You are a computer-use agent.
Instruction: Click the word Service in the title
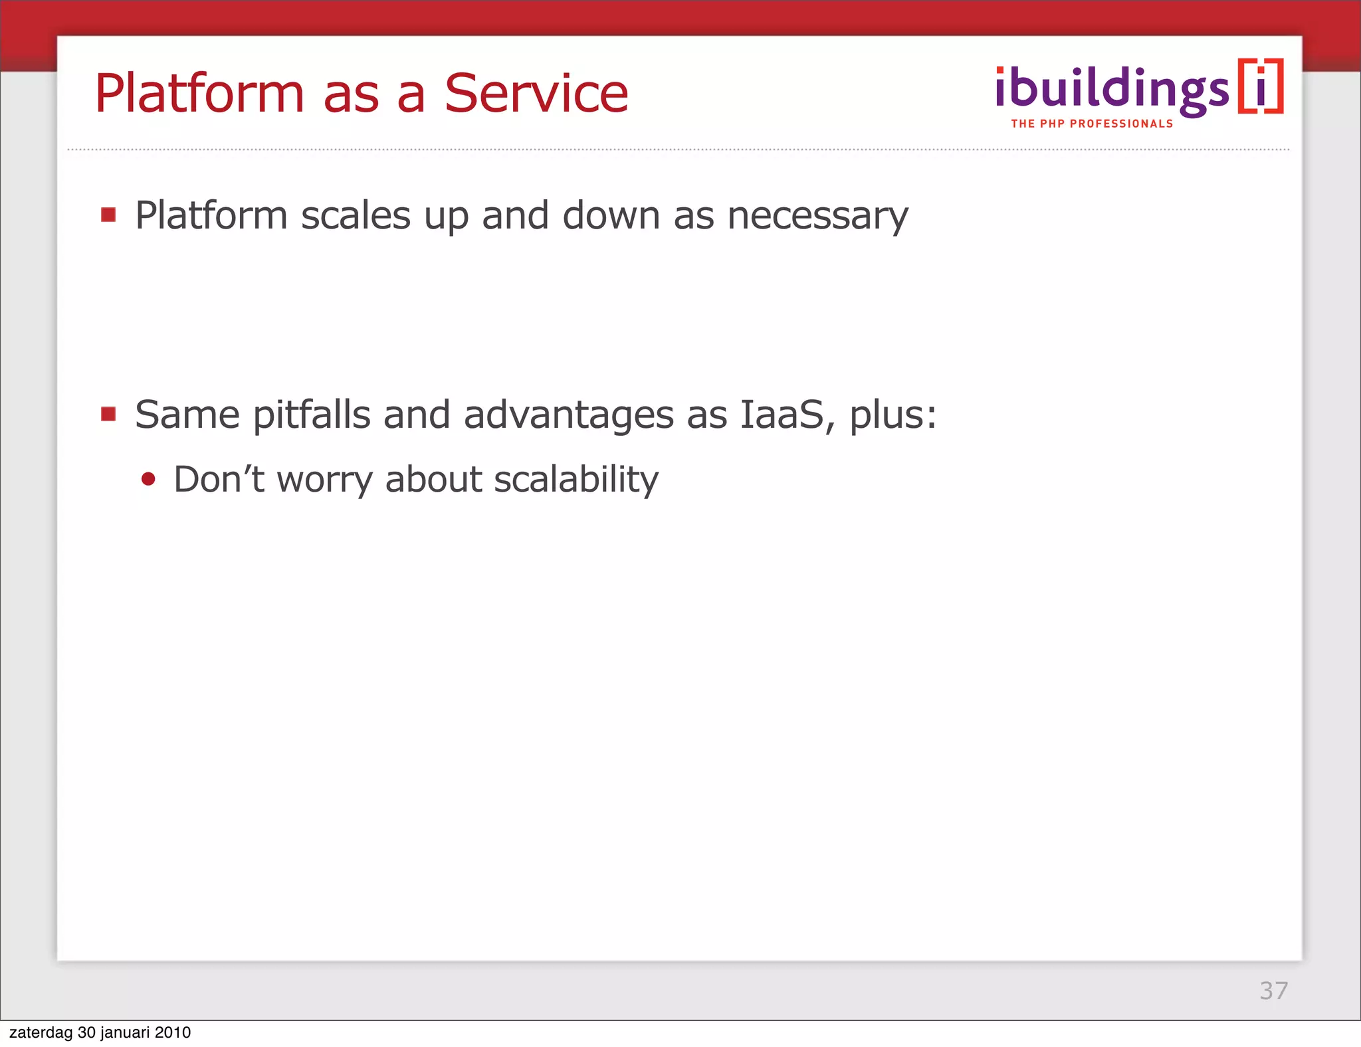click(536, 94)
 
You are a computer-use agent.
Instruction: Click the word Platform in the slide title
click(199, 94)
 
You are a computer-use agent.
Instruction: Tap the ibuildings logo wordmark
click(1112, 90)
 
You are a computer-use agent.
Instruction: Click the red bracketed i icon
click(1260, 87)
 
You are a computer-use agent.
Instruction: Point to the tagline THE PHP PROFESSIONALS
click(1092, 124)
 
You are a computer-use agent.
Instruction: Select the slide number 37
click(1273, 991)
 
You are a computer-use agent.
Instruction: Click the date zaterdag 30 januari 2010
click(100, 1032)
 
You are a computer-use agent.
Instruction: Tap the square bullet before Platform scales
click(108, 215)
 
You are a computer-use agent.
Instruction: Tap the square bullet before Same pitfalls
click(108, 414)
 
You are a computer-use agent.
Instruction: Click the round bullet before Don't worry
click(148, 479)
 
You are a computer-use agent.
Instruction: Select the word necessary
click(817, 216)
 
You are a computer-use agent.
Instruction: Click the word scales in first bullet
click(356, 216)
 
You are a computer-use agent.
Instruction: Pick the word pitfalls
click(311, 415)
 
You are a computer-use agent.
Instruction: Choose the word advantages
click(568, 415)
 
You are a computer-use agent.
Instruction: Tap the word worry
click(325, 480)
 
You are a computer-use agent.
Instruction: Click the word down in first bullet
click(611, 216)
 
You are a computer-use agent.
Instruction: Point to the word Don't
click(219, 480)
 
